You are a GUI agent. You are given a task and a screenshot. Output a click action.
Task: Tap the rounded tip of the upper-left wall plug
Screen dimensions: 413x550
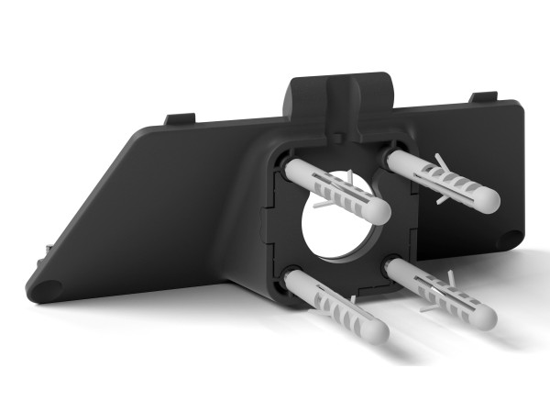[379, 209]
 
